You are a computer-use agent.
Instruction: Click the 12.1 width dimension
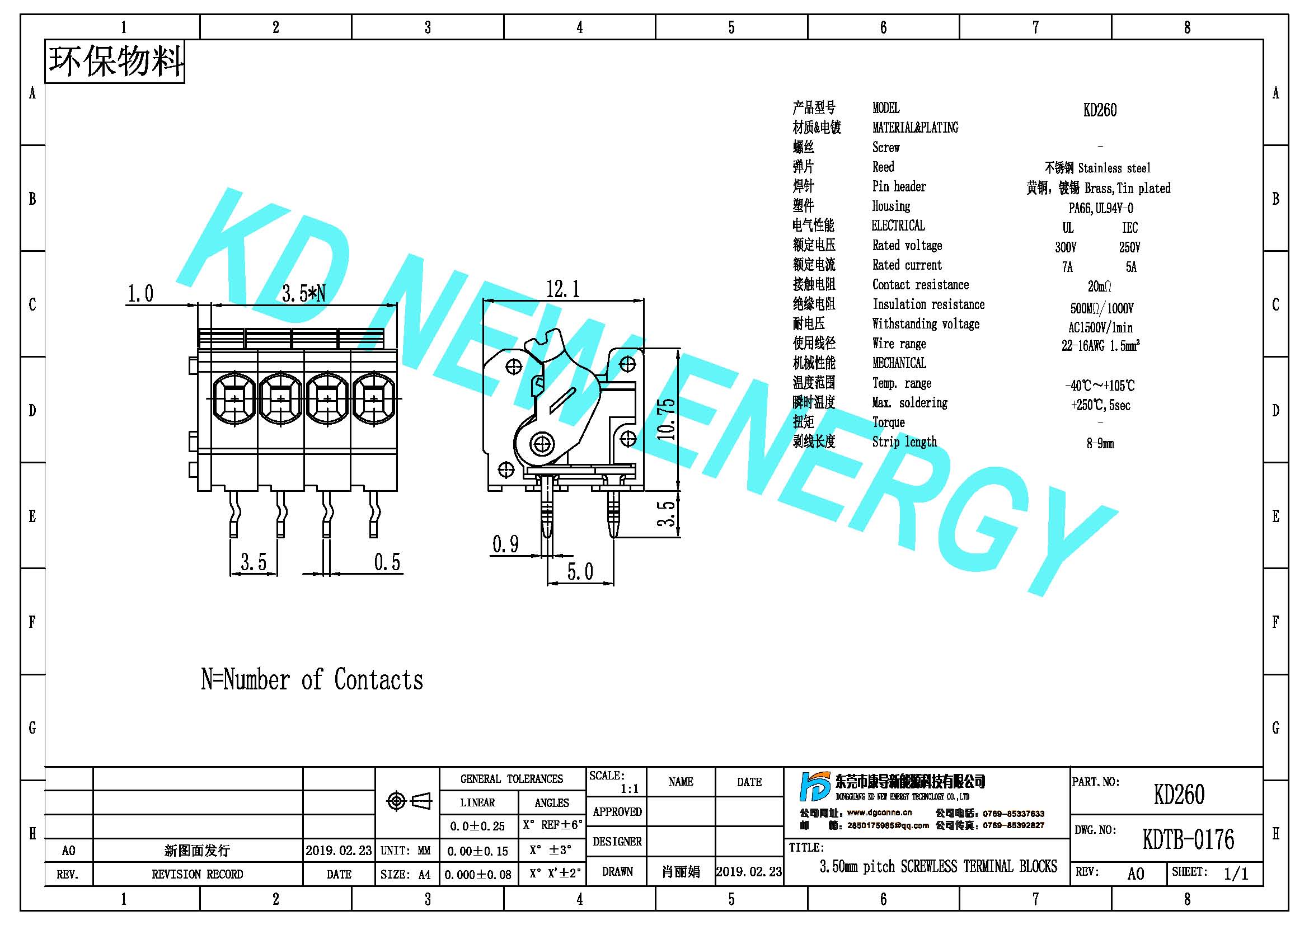pyautogui.click(x=562, y=289)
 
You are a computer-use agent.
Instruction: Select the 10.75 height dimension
pyautogui.click(x=666, y=419)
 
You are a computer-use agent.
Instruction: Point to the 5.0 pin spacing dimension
pyautogui.click(x=580, y=571)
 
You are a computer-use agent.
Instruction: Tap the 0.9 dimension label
pyautogui.click(x=506, y=544)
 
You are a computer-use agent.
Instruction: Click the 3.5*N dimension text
pyautogui.click(x=303, y=294)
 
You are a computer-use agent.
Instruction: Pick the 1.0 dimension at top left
pyautogui.click(x=140, y=294)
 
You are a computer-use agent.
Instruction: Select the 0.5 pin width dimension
pyautogui.click(x=387, y=562)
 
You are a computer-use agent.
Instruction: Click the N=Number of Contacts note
pyautogui.click(x=312, y=679)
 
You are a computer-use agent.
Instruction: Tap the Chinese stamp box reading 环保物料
pyautogui.click(x=115, y=62)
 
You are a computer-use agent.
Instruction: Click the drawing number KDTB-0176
pyautogui.click(x=1188, y=839)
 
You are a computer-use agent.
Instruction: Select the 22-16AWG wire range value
pyautogui.click(x=1100, y=345)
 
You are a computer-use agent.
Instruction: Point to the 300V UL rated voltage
pyautogui.click(x=1066, y=247)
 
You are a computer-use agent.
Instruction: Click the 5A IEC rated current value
pyautogui.click(x=1131, y=267)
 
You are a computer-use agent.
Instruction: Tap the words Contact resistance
pyautogui.click(x=920, y=284)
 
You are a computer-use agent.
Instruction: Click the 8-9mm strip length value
pyautogui.click(x=1100, y=443)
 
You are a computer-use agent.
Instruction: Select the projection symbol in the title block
pyautogui.click(x=409, y=801)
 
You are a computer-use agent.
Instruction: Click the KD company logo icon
pyautogui.click(x=815, y=787)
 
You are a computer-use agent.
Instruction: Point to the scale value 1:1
pyautogui.click(x=630, y=789)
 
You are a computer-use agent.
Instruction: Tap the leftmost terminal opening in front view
pyautogui.click(x=234, y=398)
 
